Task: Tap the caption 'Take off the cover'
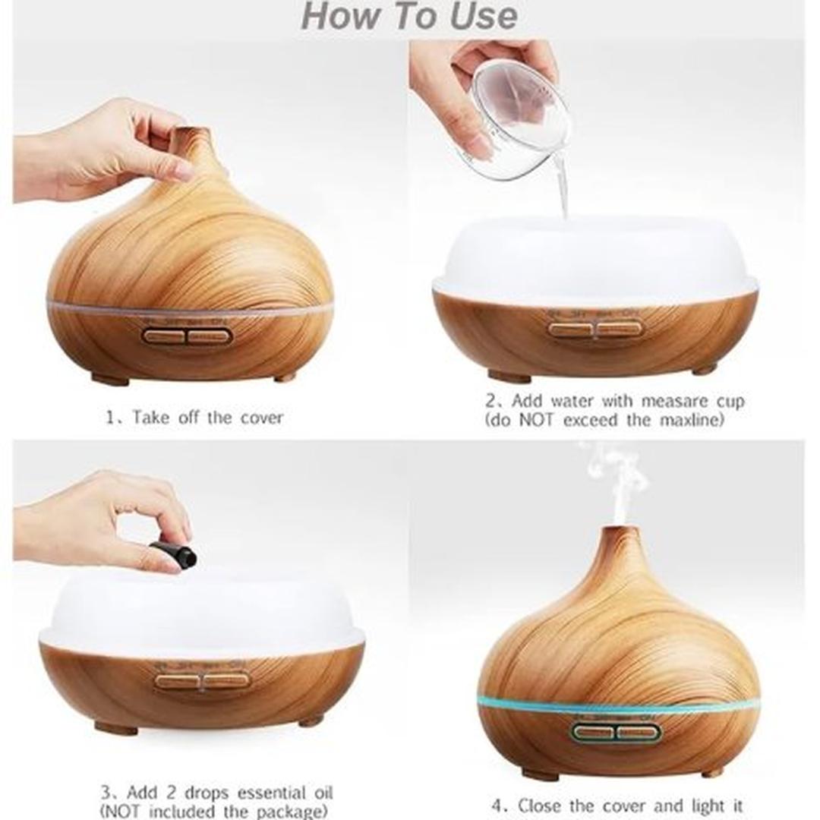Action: pos(194,417)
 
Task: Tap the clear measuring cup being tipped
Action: pos(516,114)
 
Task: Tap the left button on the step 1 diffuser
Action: pos(164,336)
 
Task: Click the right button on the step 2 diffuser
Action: pos(619,329)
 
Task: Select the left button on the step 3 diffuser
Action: pos(178,680)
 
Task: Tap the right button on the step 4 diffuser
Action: pos(639,733)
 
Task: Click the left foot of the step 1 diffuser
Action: pos(110,378)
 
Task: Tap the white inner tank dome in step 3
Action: pos(201,604)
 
